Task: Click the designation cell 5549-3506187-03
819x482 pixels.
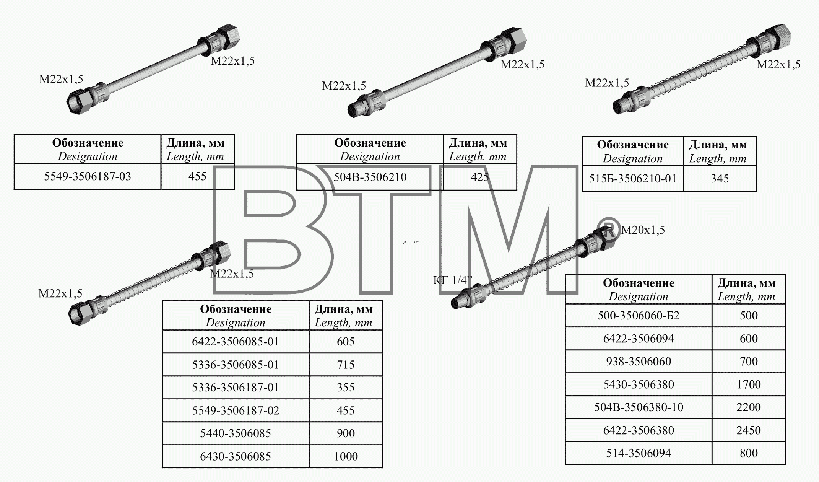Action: click(88, 176)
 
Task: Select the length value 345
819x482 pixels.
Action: click(720, 179)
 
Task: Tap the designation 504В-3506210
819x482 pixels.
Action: click(370, 177)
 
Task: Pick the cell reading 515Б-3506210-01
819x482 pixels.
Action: click(633, 179)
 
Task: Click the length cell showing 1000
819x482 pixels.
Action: click(346, 456)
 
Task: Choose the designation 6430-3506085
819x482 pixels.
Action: click(236, 456)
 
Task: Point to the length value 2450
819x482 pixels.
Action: click(749, 430)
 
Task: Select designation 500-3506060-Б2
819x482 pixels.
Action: click(639, 316)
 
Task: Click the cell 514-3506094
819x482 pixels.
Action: click(639, 453)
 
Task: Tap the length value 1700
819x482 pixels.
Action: click(749, 384)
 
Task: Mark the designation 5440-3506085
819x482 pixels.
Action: click(236, 433)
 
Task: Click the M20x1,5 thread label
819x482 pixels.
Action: click(643, 230)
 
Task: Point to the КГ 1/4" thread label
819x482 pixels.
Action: click(453, 280)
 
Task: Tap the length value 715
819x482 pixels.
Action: click(346, 365)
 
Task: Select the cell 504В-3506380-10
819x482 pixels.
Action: click(639, 407)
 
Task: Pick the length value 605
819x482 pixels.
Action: click(346, 342)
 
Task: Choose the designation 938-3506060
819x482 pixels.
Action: click(639, 361)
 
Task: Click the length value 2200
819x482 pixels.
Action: click(749, 407)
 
